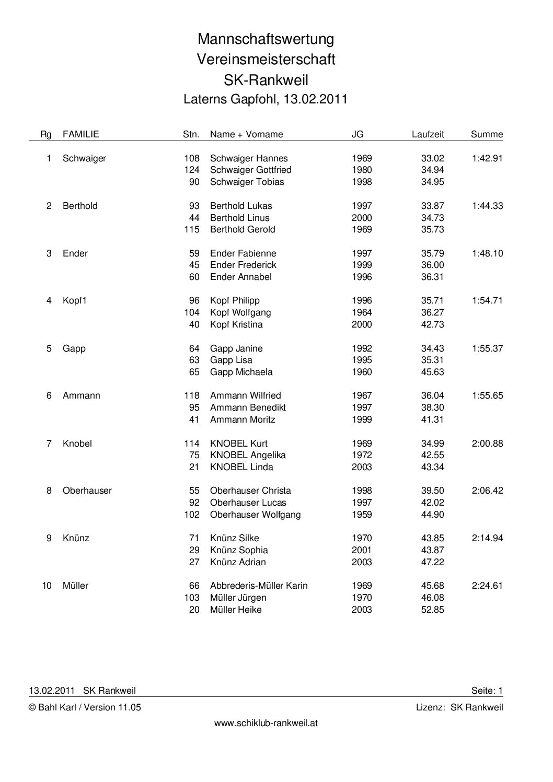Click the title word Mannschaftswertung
(x=266, y=39)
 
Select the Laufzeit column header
(x=428, y=134)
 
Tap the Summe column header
(x=487, y=134)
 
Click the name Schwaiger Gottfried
(x=250, y=170)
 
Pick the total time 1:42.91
(x=487, y=158)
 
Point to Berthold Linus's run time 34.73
(x=432, y=218)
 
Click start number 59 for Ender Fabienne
(x=194, y=253)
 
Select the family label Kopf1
(x=74, y=300)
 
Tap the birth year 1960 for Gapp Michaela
(x=362, y=372)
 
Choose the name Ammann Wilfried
(x=245, y=395)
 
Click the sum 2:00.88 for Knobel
(x=487, y=443)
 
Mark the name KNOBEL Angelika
(x=248, y=455)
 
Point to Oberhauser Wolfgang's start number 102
(x=192, y=515)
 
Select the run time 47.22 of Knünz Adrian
(x=432, y=562)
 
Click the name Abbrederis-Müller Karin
(x=259, y=586)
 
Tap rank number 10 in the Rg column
(x=47, y=586)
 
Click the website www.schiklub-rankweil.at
(x=266, y=723)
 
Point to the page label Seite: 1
(x=487, y=691)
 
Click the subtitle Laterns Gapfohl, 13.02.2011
(x=266, y=99)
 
